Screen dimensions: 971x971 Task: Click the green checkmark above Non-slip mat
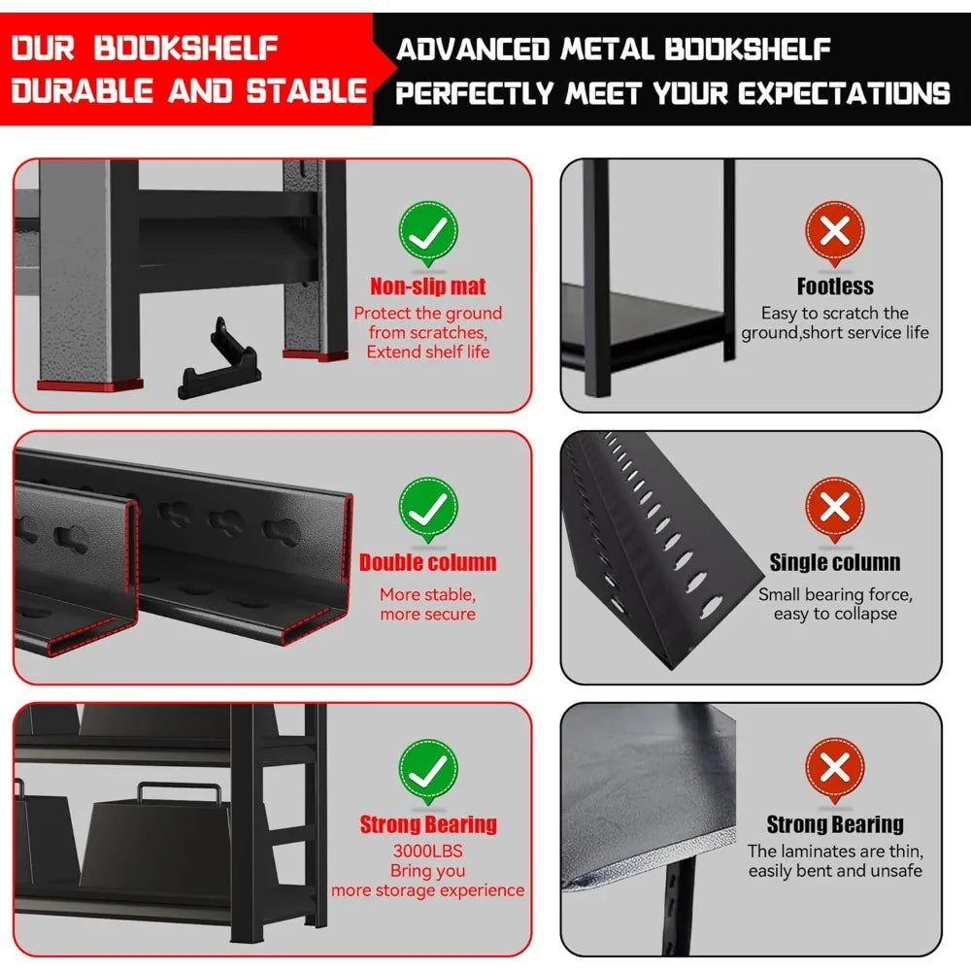pos(428,232)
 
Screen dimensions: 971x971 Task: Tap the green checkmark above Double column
pos(428,509)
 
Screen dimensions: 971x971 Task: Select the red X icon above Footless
pos(835,232)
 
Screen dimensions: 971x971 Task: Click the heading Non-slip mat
pos(428,286)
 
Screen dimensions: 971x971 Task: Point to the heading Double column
pos(428,562)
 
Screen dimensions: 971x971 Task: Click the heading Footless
pos(835,286)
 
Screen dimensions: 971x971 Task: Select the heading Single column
pos(835,562)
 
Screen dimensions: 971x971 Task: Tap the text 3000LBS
pos(428,851)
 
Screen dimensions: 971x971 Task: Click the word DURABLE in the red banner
pos(82,91)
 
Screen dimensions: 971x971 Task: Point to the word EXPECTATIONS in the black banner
pos(844,93)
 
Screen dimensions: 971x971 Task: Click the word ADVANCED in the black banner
pos(473,50)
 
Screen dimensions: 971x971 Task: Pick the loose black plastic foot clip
pos(219,360)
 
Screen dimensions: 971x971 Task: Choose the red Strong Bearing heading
pos(428,824)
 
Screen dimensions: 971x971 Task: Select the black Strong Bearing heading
pos(835,824)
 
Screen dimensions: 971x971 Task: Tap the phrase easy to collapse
pos(835,614)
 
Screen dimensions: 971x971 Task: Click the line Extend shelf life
pos(428,352)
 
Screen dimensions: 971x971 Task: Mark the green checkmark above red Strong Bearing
pos(428,771)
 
